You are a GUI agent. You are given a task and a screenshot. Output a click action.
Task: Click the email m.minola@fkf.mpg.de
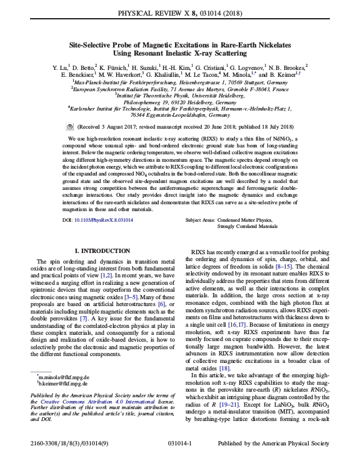(x=64, y=378)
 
